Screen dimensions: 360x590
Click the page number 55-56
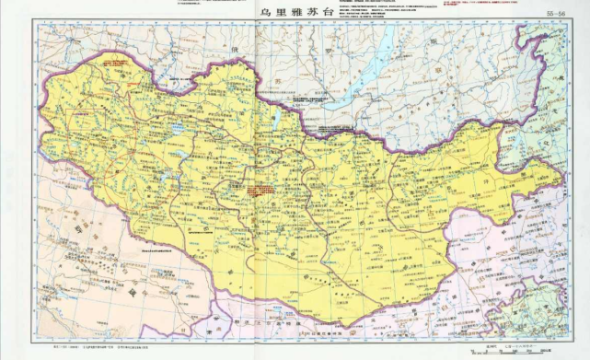click(x=557, y=15)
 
